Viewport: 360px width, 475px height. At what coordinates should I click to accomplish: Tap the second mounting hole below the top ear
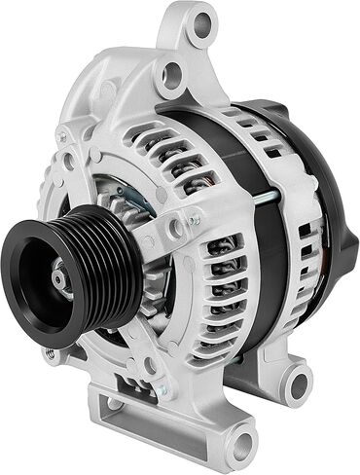[173, 70]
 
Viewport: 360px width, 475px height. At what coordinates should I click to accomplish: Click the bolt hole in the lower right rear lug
[296, 383]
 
